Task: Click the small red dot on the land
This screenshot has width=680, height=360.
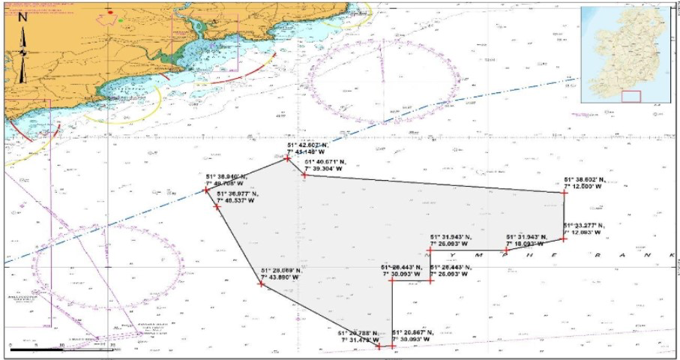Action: coord(110,12)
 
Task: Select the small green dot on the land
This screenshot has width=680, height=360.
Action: coord(121,20)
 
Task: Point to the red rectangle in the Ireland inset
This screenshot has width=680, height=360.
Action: coord(631,96)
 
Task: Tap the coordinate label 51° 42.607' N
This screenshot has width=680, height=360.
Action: coord(305,145)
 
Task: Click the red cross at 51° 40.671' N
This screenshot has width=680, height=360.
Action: coord(304,174)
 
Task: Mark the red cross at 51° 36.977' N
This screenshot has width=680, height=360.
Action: coord(217,205)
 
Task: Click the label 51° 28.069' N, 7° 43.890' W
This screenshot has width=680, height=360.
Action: coord(280,275)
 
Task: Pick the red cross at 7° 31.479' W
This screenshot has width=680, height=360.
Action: coord(379,346)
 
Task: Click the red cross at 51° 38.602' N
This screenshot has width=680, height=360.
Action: coord(564,193)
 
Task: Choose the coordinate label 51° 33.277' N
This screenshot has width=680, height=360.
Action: coord(584,225)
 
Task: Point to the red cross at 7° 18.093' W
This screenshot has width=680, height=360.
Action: coord(506,250)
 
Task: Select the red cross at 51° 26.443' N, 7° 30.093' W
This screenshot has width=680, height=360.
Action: coord(391,280)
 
